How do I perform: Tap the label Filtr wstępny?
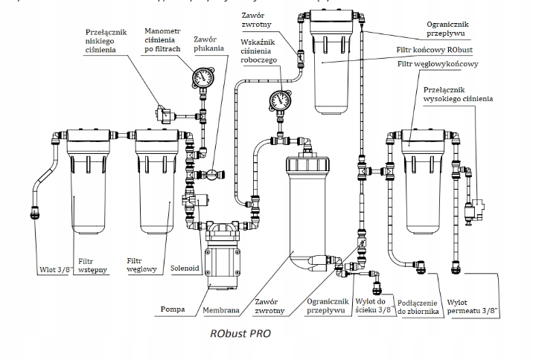(95, 266)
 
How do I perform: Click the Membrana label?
(221, 308)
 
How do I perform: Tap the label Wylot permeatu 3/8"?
(473, 307)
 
